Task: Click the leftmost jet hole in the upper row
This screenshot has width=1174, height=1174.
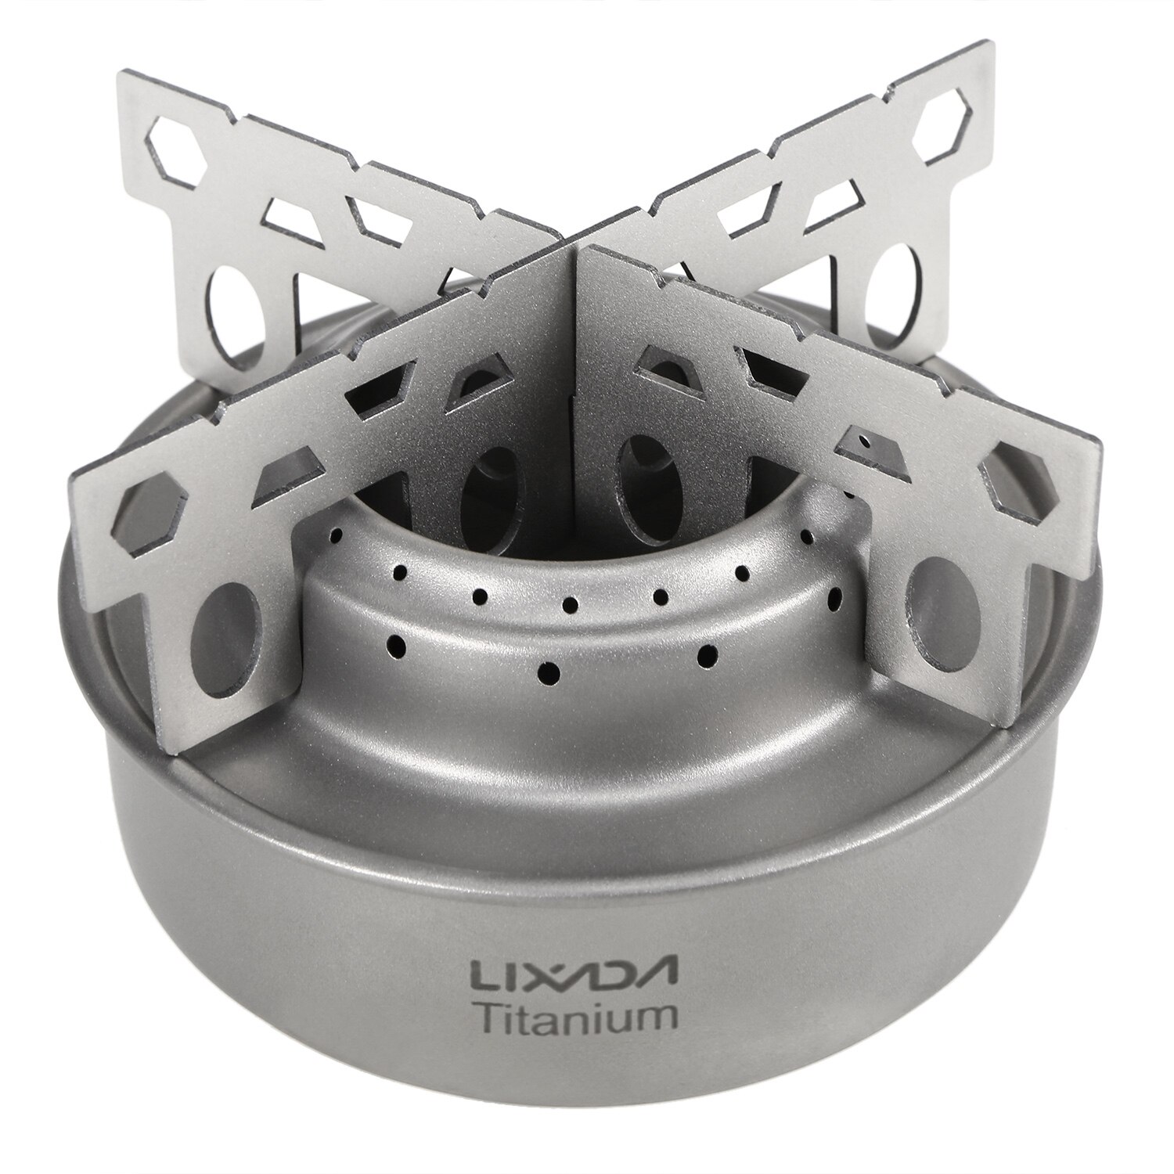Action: tap(335, 535)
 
